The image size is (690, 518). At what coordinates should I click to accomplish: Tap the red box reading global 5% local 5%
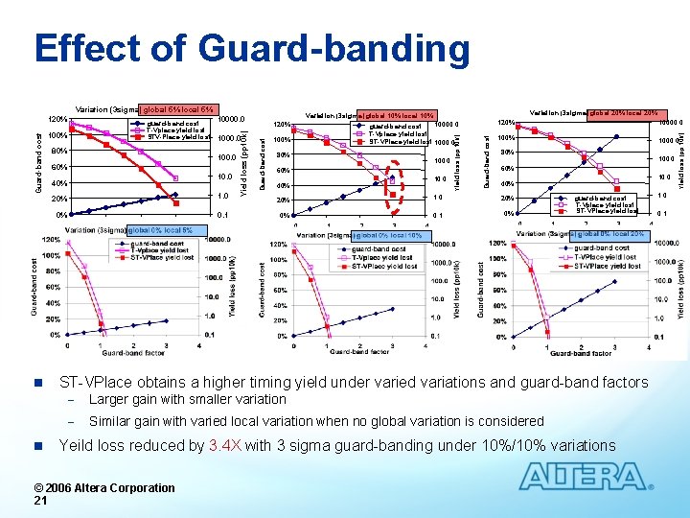179,109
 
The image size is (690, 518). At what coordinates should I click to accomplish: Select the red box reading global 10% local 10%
399,116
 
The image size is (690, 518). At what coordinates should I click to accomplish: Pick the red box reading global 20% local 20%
623,112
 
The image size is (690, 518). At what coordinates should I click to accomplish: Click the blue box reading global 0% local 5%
160,230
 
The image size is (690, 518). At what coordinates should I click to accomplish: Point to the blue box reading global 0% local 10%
388,236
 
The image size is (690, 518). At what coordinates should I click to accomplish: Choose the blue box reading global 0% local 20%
609,234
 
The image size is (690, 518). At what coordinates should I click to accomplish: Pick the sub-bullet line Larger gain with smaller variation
187,399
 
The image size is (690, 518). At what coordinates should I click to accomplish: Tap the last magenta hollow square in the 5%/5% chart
175,178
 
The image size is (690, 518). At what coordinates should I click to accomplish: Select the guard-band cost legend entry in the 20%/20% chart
605,198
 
